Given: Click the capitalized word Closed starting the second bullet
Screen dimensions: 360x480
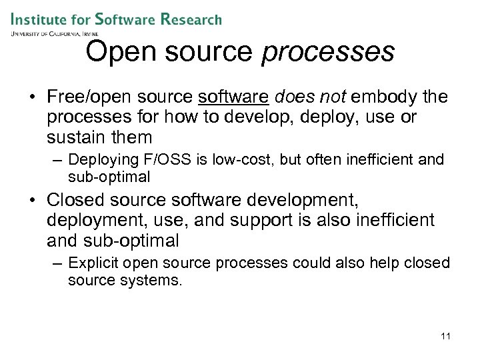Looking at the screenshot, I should pyautogui.click(x=76, y=200).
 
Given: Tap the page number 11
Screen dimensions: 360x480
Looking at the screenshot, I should pyautogui.click(x=445, y=335).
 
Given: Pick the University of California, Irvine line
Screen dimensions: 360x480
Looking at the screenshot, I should pyautogui.click(x=55, y=33).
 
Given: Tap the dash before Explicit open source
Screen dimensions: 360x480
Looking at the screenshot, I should pyautogui.click(x=58, y=263).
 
